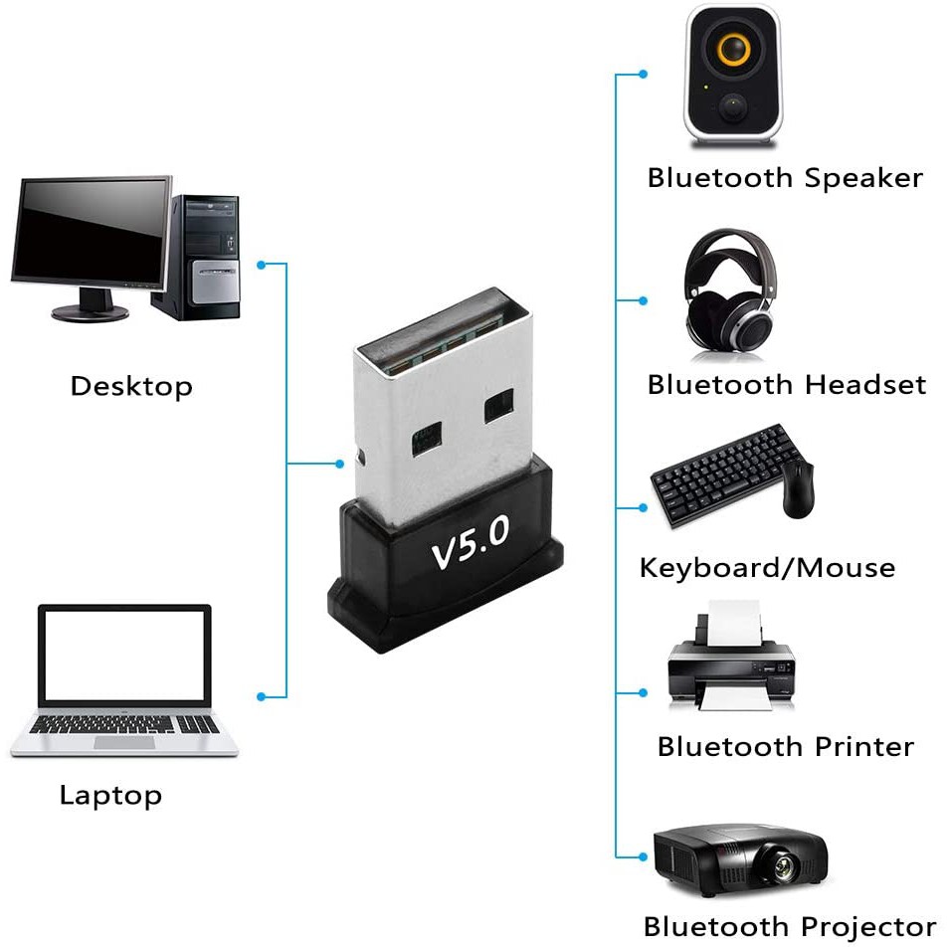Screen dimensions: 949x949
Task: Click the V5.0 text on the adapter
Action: point(471,542)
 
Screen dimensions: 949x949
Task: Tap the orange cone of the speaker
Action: point(733,49)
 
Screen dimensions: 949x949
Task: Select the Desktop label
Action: point(131,387)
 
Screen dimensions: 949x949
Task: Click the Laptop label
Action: point(110,796)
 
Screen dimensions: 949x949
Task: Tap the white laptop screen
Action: point(125,657)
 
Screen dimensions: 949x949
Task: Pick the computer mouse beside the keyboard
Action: point(798,489)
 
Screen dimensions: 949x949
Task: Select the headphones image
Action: point(730,290)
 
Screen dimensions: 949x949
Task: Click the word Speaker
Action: point(863,178)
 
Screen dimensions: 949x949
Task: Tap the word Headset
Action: point(865,385)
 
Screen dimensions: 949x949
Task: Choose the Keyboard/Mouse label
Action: point(767,568)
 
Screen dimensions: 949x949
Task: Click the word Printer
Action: point(864,747)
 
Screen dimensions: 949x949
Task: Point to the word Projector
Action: point(869,928)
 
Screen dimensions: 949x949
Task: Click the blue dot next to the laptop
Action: point(262,696)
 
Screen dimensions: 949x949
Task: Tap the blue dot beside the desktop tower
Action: point(262,265)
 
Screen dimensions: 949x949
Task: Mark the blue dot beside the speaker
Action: point(644,74)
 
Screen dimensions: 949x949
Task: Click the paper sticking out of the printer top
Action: point(733,624)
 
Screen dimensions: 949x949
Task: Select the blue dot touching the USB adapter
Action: point(340,464)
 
